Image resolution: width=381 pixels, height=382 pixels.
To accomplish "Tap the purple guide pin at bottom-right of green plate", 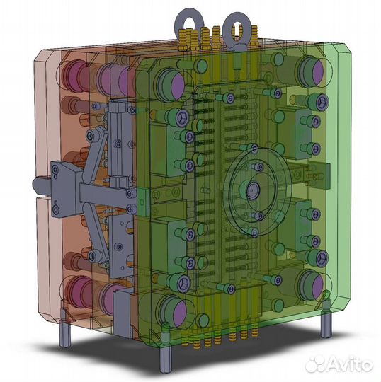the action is [317, 286].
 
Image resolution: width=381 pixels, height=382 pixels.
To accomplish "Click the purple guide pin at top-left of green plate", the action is [177, 86].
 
